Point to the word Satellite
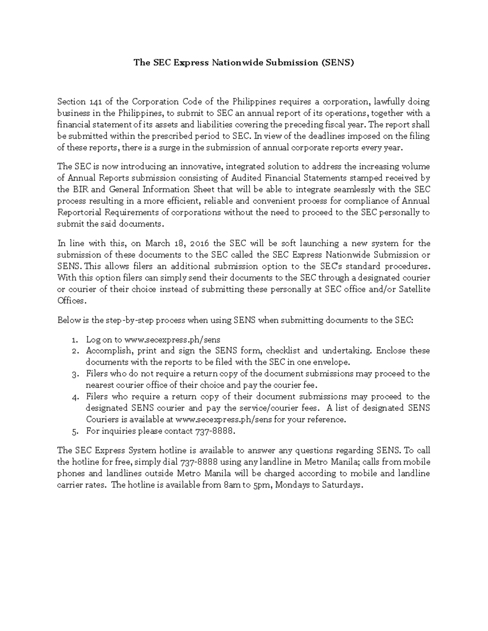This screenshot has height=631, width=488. pyautogui.click(x=414, y=289)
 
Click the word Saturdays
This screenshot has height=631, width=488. pyautogui.click(x=341, y=485)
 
